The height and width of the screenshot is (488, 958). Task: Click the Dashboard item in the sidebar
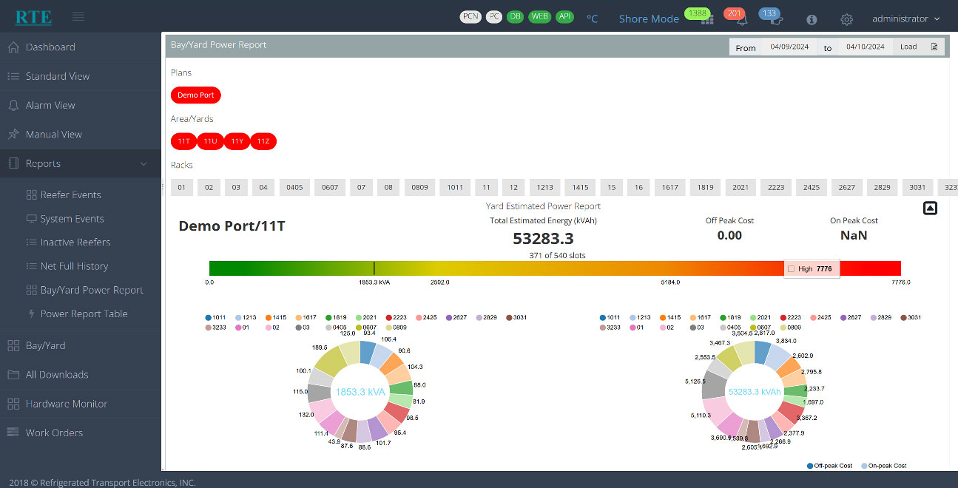click(x=50, y=47)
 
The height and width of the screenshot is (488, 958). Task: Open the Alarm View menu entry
click(x=50, y=106)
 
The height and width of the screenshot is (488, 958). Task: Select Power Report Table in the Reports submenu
click(x=84, y=314)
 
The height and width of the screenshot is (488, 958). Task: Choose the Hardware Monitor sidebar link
click(x=66, y=404)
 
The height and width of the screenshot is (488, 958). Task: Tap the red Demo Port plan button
click(x=195, y=95)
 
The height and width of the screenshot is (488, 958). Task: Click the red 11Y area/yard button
click(x=237, y=141)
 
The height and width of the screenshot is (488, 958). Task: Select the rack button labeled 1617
click(x=669, y=188)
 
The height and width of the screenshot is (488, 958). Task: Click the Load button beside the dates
click(x=908, y=47)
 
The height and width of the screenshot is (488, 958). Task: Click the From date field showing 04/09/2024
click(x=789, y=47)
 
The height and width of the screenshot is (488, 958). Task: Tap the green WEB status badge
click(x=539, y=17)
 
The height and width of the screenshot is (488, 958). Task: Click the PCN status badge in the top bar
click(x=470, y=17)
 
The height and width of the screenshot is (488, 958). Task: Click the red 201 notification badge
click(x=734, y=14)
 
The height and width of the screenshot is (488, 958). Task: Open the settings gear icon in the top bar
click(x=847, y=19)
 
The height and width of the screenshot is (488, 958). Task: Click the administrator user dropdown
click(x=905, y=19)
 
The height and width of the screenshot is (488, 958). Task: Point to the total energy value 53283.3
click(x=543, y=238)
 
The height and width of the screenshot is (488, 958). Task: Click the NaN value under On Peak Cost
click(x=854, y=236)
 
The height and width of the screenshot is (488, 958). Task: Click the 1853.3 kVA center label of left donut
click(x=360, y=392)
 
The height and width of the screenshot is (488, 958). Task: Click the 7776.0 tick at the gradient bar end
click(x=900, y=282)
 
